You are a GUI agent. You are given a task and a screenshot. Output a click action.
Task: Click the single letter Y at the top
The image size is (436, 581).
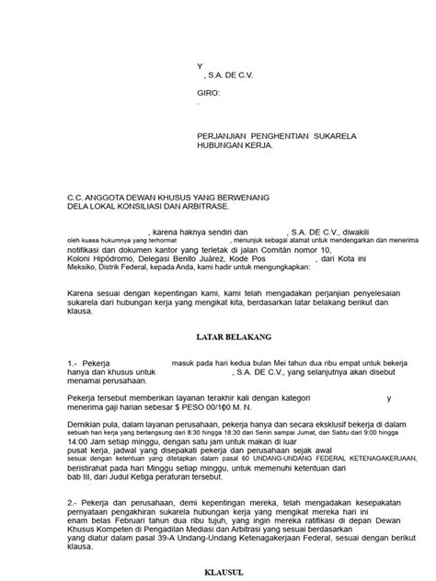click(201, 67)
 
